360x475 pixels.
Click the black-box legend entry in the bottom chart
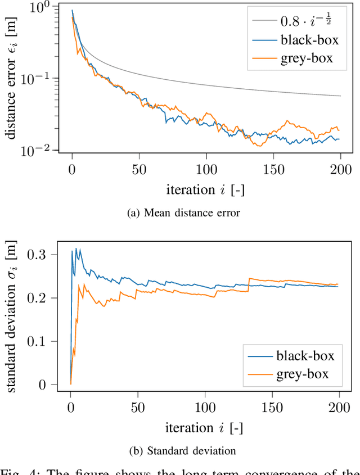pyautogui.click(x=306, y=355)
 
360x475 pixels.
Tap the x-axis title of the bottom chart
pyautogui.click(x=204, y=428)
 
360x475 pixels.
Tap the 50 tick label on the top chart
pyautogui.click(x=139, y=169)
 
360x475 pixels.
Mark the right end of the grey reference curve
pyautogui.click(x=340, y=96)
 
